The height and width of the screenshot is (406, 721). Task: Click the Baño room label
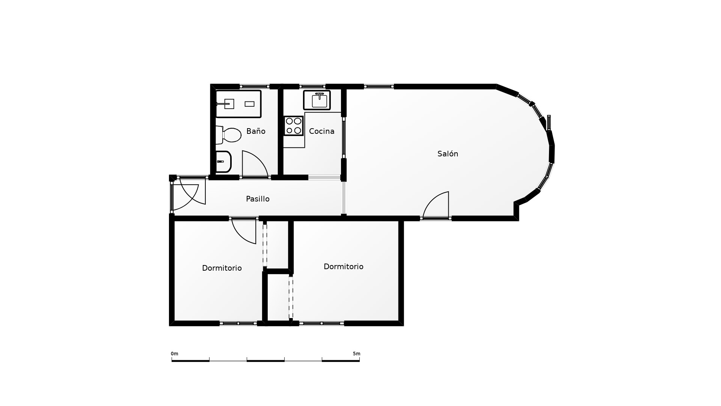pyautogui.click(x=256, y=131)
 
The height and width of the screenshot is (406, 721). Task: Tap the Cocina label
pyautogui.click(x=321, y=131)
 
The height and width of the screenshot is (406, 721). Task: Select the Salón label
pyautogui.click(x=448, y=153)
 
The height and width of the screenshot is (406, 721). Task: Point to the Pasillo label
pyautogui.click(x=258, y=199)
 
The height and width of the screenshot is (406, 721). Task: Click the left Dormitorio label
pyautogui.click(x=222, y=268)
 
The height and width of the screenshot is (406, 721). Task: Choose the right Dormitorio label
pyautogui.click(x=343, y=267)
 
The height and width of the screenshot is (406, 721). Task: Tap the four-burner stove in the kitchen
pyautogui.click(x=293, y=126)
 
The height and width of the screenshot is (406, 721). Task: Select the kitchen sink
pyautogui.click(x=317, y=100)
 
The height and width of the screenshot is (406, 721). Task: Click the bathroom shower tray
pyautogui.click(x=238, y=104)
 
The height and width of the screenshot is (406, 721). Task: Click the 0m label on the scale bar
pyautogui.click(x=175, y=354)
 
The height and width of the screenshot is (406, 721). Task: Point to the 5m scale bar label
pyautogui.click(x=356, y=354)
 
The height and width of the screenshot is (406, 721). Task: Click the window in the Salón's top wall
pyautogui.click(x=379, y=86)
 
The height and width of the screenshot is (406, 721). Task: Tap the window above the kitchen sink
pyautogui.click(x=312, y=86)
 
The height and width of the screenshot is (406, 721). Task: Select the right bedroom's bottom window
pyautogui.click(x=322, y=323)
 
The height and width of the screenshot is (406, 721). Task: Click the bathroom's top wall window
pyautogui.click(x=255, y=86)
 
